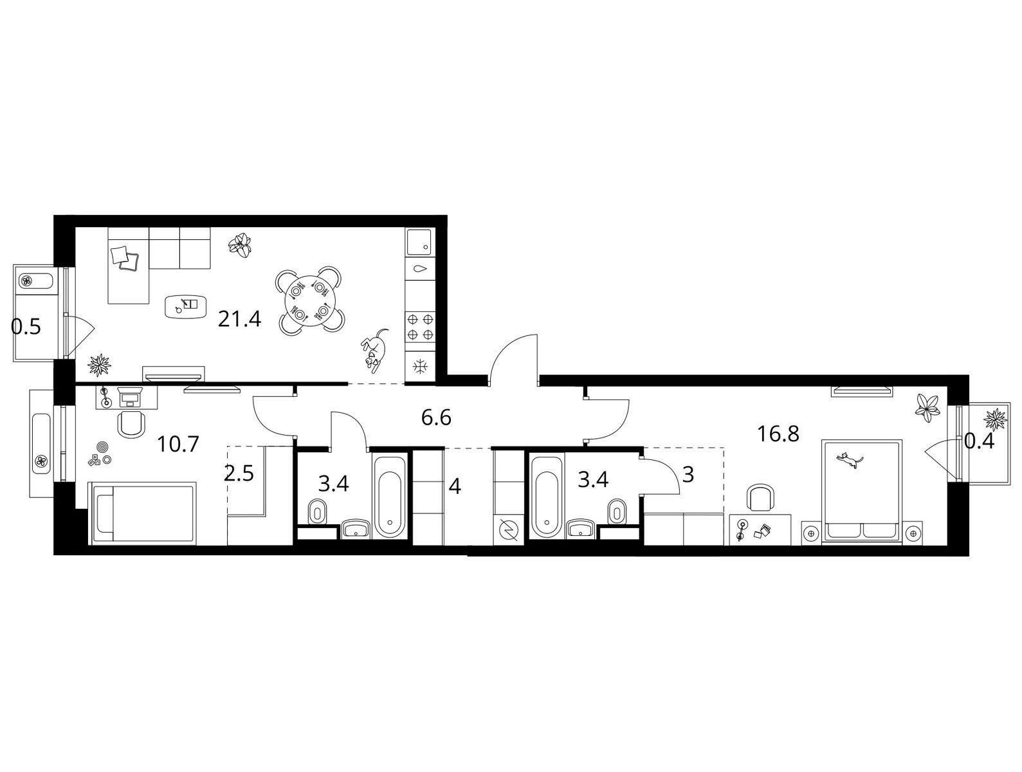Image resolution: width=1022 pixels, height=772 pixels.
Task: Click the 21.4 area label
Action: tap(239, 320)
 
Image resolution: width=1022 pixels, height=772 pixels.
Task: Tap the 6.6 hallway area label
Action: tap(436, 418)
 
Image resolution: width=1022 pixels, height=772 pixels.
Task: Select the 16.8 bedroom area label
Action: tap(778, 434)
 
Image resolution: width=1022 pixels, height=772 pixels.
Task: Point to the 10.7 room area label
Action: tap(178, 444)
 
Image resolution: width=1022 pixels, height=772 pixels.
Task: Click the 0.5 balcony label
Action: tap(26, 327)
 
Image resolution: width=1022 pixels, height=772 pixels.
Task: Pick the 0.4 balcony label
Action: tap(979, 441)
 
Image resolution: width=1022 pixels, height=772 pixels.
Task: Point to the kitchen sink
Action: tap(421, 242)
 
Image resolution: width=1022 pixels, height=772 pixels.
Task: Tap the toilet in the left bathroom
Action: tap(318, 512)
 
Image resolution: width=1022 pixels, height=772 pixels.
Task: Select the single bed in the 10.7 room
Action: tap(143, 513)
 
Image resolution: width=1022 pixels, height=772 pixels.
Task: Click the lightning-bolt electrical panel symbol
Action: tap(508, 530)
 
